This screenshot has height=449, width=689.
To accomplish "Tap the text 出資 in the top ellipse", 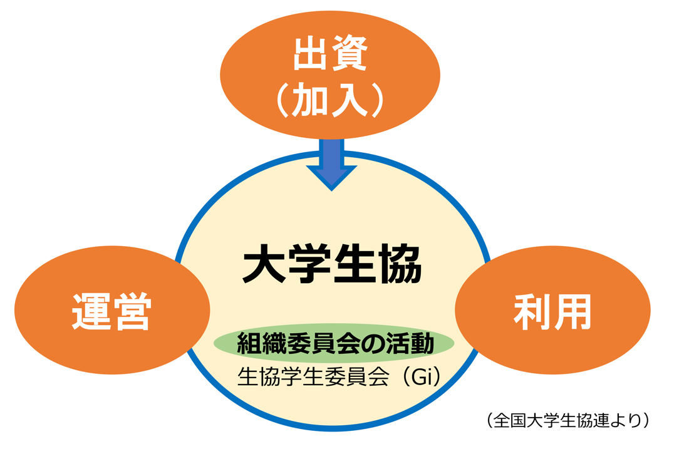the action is coord(331,54).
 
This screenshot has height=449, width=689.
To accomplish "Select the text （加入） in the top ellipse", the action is coord(331,100).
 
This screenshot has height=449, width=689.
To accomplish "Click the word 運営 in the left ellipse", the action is coord(111,311).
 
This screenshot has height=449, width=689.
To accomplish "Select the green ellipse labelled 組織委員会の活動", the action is coord(333,343).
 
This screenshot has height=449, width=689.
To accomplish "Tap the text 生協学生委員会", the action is coord(313,376).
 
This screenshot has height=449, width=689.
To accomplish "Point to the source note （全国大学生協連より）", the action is coord(567,420).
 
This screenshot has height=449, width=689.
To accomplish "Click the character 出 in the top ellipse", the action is coord(311,54).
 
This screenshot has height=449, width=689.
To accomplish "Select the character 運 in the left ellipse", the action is coord(91,311).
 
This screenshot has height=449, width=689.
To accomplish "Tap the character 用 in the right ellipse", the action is coord(572,312).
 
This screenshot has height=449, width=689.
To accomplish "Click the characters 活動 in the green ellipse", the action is coord(410,343).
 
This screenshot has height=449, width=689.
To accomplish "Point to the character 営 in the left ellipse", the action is coord(132,311).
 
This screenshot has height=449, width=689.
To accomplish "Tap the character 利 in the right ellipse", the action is coord(532,312).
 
